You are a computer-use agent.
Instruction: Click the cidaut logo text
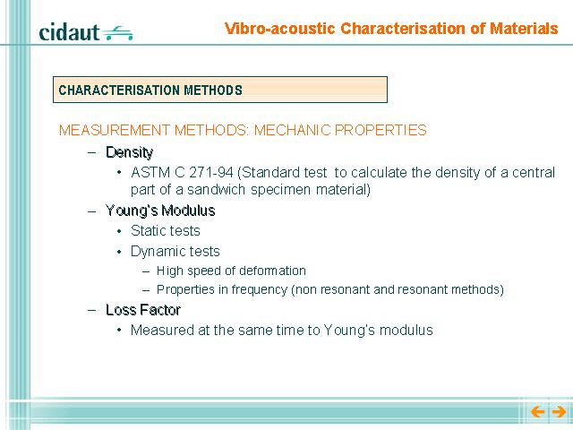pos(69,32)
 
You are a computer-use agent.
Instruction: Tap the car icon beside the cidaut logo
pos(117,33)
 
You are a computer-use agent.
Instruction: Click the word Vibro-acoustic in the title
pos(280,29)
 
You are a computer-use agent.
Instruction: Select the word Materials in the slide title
pos(524,29)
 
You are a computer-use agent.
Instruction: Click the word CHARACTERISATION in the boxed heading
pos(119,90)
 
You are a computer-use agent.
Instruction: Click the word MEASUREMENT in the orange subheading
pos(114,130)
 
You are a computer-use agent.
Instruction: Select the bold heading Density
pos(129,152)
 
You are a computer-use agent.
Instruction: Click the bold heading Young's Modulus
pos(160,211)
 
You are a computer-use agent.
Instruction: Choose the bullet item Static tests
pos(165,231)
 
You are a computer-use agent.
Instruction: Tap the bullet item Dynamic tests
pos(175,251)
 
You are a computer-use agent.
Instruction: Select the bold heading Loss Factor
pos(143,310)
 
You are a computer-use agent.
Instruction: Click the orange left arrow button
pos(537,412)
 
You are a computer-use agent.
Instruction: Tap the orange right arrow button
pos(559,412)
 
